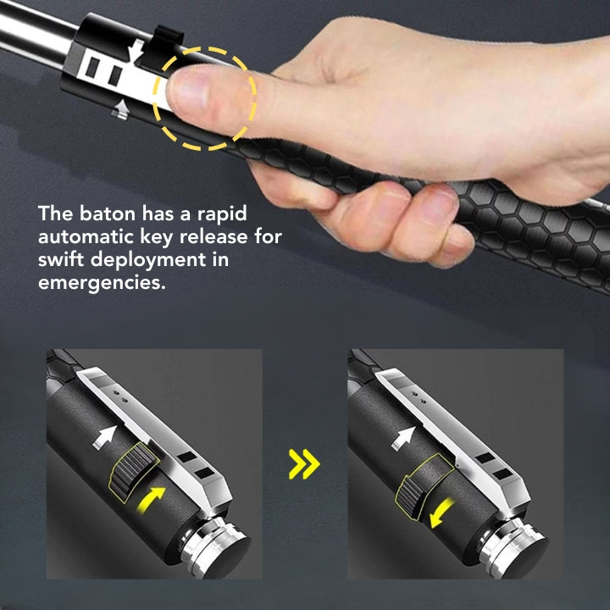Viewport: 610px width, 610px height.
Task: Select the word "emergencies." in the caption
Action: [100, 282]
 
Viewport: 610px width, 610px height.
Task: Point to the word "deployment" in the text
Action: [160, 259]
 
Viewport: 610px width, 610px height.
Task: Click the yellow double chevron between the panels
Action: [304, 463]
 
